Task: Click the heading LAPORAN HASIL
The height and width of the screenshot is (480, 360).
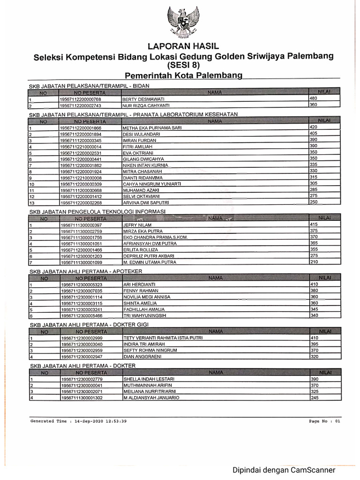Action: click(x=183, y=46)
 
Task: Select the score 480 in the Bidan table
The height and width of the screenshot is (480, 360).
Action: click(x=314, y=98)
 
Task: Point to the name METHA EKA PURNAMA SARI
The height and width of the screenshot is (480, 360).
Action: click(x=152, y=127)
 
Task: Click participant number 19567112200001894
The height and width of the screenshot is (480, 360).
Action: click(x=81, y=134)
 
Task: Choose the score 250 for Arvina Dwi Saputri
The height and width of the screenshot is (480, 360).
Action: click(x=314, y=202)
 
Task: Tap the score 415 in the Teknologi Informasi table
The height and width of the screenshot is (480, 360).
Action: click(x=315, y=225)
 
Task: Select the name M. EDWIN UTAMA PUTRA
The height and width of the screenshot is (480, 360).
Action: click(x=147, y=262)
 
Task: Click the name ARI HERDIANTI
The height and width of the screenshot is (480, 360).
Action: click(x=139, y=285)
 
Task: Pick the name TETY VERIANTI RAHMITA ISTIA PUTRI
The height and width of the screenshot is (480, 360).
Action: click(x=163, y=338)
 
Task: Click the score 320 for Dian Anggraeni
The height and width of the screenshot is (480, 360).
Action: click(x=315, y=356)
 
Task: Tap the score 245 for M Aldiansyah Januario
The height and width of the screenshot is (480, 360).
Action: click(x=315, y=397)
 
